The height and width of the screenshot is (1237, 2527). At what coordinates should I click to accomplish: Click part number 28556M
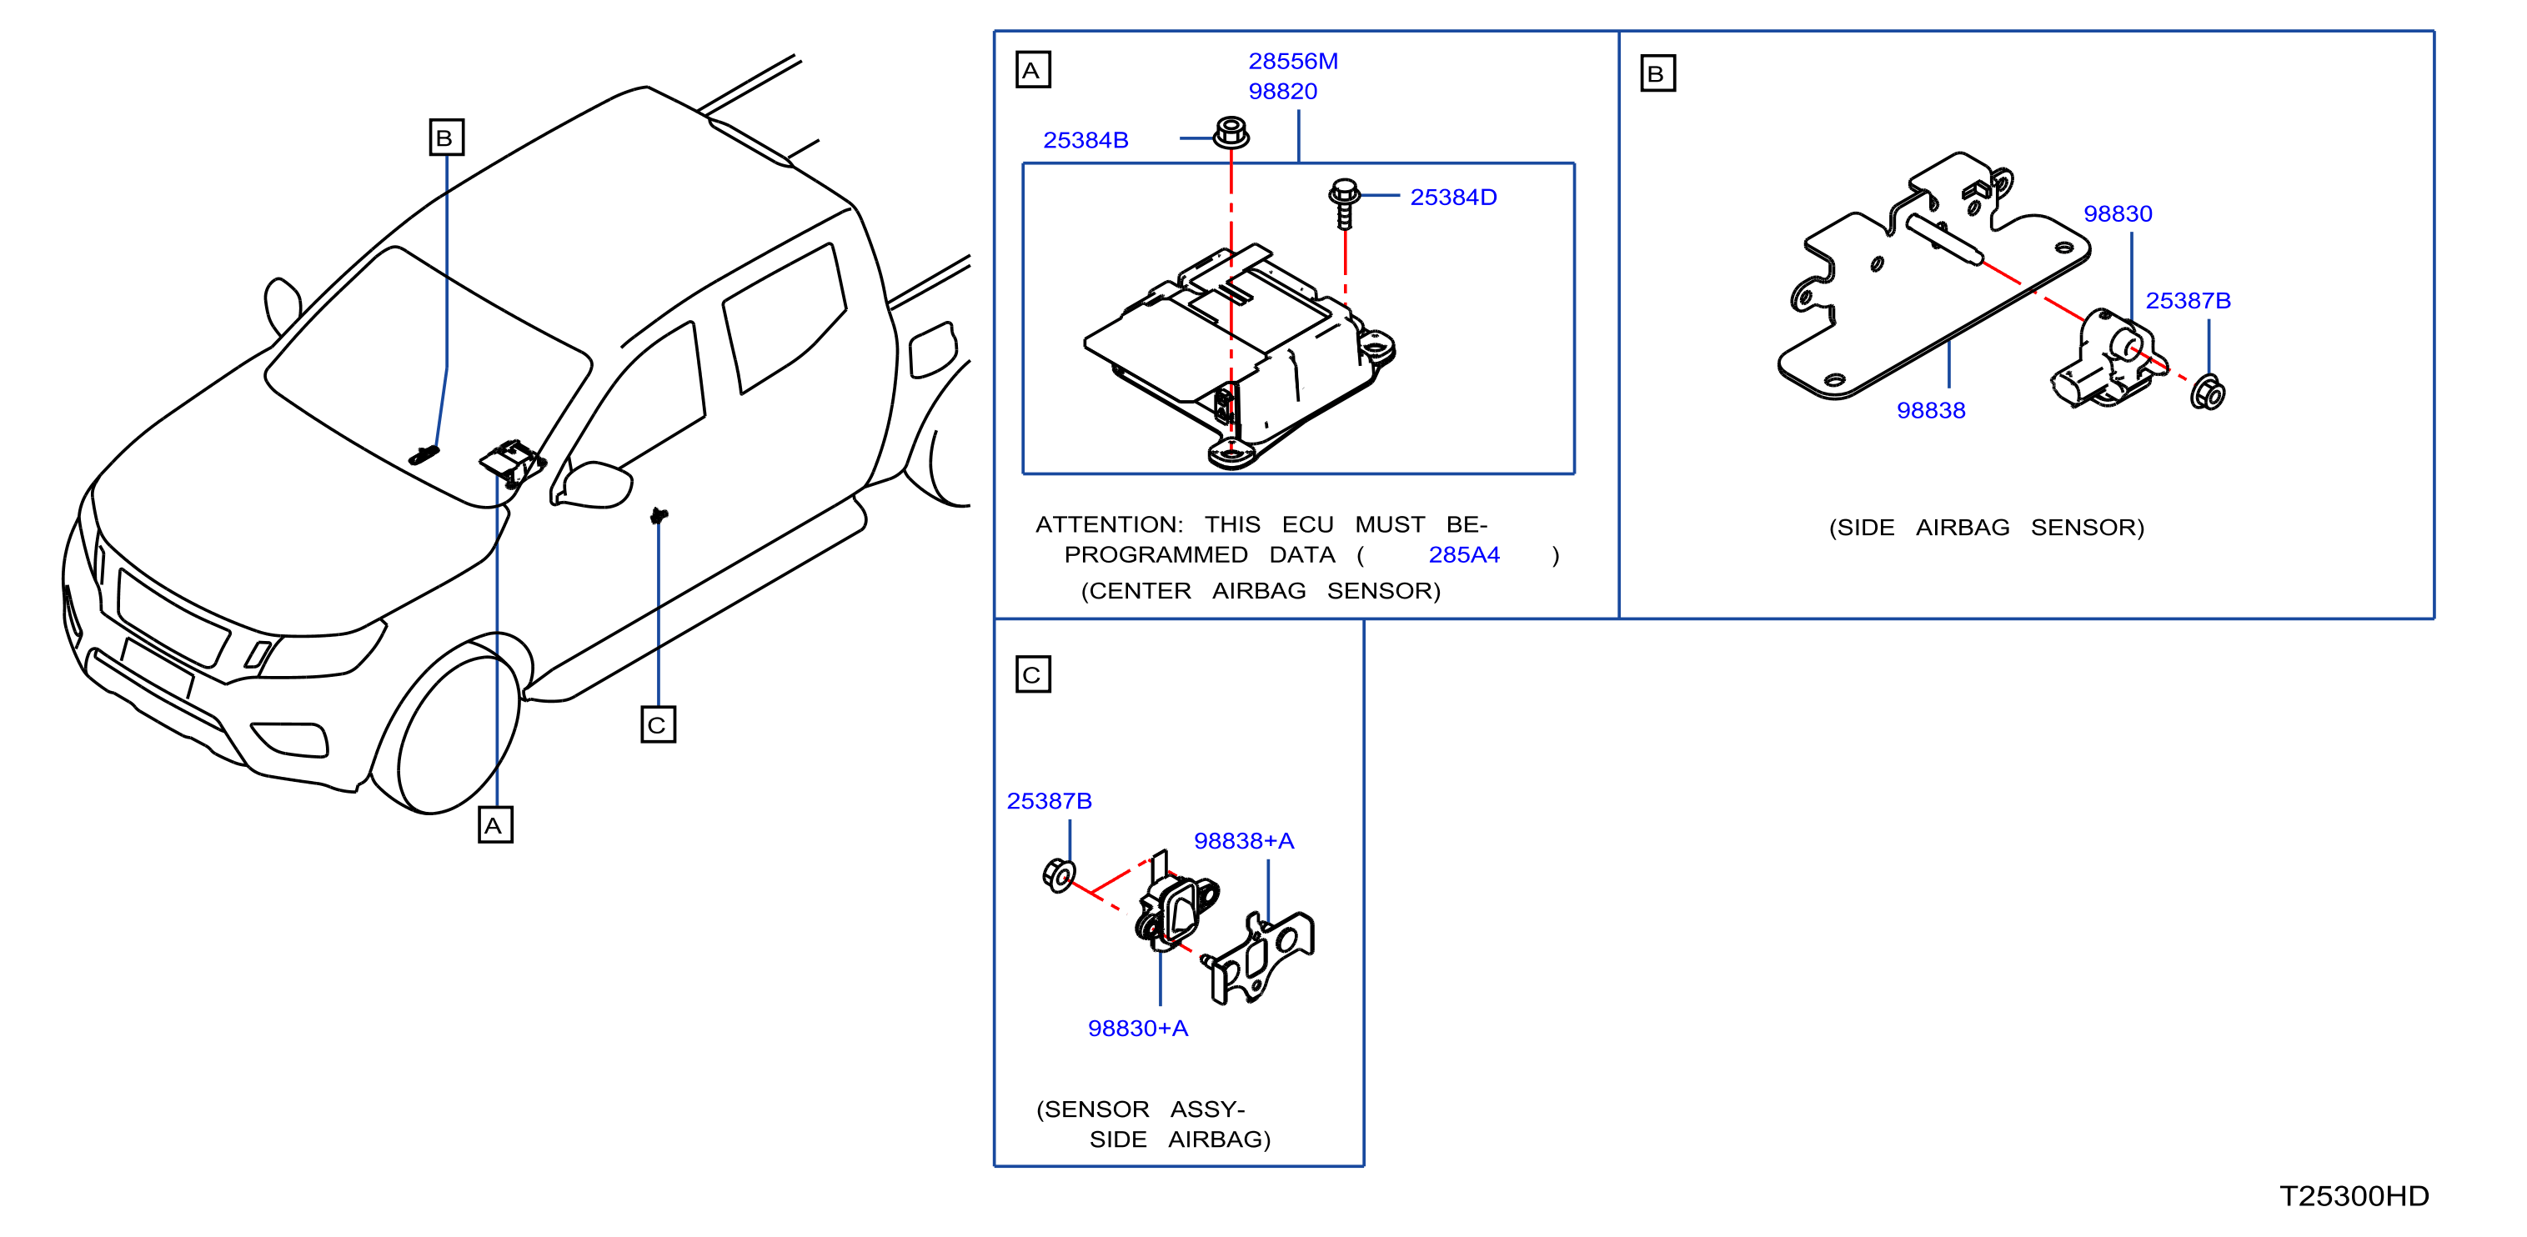1293,61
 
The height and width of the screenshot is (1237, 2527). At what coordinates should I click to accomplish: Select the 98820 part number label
1282,91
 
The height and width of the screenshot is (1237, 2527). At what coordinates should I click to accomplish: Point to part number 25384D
1453,198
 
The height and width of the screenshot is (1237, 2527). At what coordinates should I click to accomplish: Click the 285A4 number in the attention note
1464,555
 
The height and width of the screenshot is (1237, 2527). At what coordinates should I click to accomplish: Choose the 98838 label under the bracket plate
1931,411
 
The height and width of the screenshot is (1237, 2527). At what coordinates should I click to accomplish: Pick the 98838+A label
1244,841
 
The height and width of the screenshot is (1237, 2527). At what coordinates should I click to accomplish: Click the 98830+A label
1138,1028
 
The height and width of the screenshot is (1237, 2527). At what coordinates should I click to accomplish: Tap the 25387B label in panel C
1049,801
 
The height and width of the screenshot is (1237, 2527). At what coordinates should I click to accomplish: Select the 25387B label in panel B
2188,301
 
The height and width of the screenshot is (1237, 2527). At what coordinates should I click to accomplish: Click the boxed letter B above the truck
446,138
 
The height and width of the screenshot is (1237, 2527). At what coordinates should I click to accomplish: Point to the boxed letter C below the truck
659,725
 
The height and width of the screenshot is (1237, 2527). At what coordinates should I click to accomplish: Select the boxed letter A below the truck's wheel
495,825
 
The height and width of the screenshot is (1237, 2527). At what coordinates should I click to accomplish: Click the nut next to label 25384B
1231,133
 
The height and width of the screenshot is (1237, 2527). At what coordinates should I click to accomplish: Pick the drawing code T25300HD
2354,1196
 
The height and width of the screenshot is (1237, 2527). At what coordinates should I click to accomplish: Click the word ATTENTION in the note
1109,525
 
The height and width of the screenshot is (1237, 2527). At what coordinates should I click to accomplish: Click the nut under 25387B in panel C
1060,874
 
